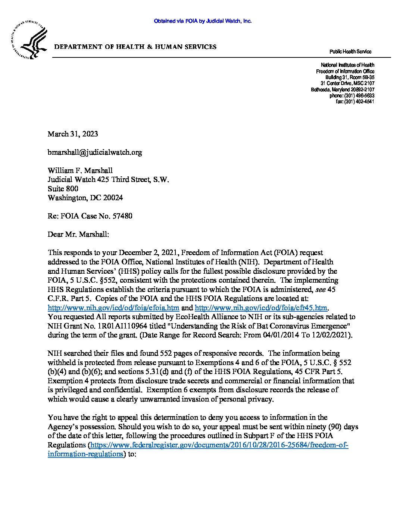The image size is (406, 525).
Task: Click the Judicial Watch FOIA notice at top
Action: click(x=203, y=21)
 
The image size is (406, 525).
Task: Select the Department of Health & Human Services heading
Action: click(x=135, y=47)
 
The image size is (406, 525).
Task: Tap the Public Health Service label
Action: click(x=350, y=52)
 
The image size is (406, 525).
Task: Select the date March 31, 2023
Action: click(x=73, y=134)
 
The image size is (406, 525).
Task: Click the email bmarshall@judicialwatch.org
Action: click(x=95, y=152)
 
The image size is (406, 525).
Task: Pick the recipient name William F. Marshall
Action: click(x=80, y=170)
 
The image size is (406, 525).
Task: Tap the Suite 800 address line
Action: click(x=63, y=189)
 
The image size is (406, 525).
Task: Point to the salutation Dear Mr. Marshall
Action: click(x=78, y=234)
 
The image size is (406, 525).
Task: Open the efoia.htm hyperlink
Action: click(x=114, y=308)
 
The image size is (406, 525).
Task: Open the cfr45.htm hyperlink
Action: click(x=262, y=308)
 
